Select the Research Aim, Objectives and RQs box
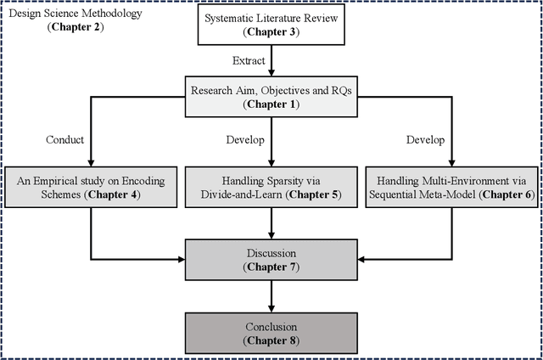(x=271, y=97)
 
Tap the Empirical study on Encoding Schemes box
(x=91, y=187)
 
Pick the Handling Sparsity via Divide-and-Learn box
(x=271, y=187)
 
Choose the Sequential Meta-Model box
(x=452, y=187)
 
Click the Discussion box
(x=271, y=259)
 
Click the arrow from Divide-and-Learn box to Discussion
(x=271, y=222)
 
